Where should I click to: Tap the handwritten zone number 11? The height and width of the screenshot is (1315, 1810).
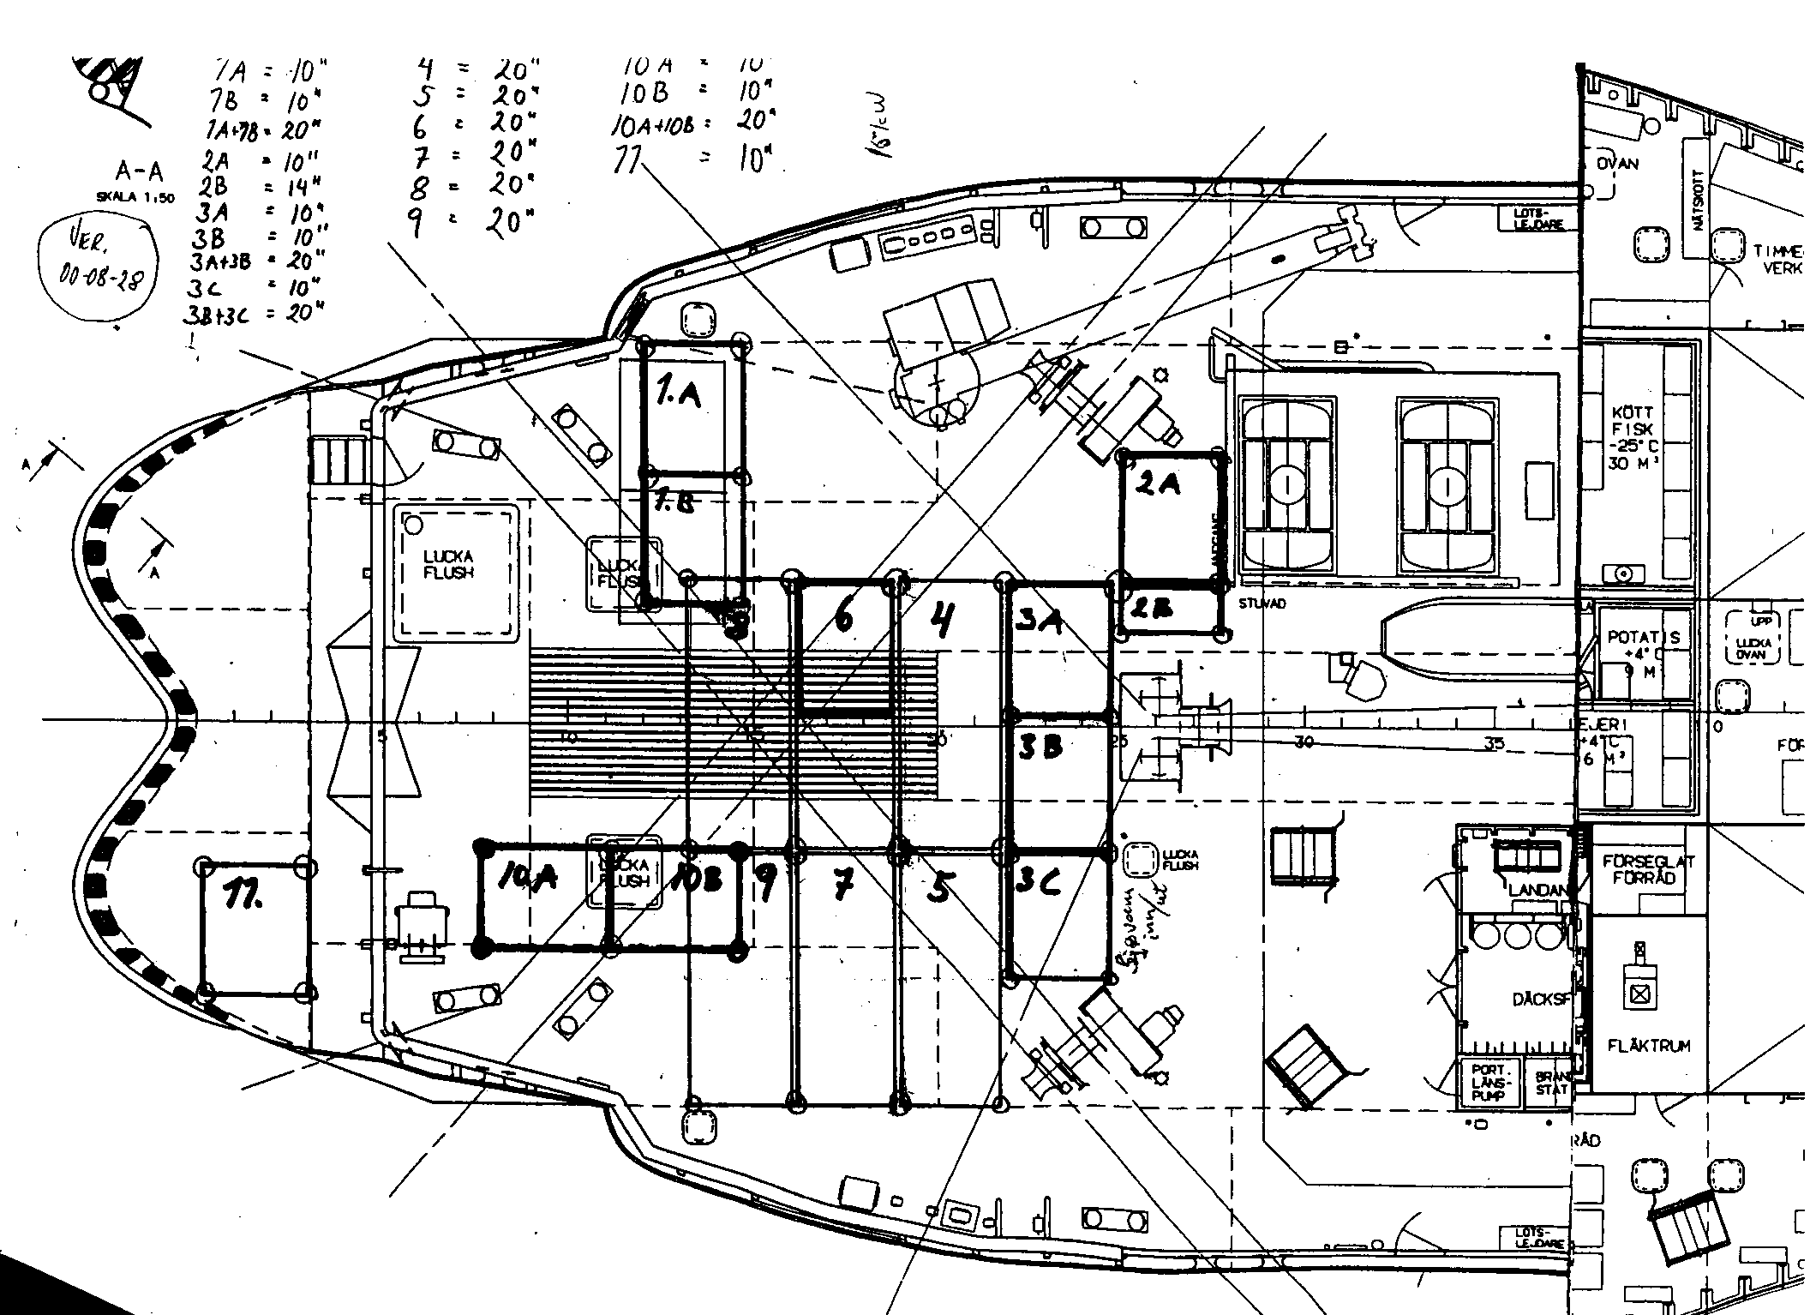click(x=243, y=898)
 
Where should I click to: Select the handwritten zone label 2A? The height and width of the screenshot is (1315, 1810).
click(x=1159, y=485)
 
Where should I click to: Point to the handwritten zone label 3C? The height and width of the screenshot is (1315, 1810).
click(x=1039, y=881)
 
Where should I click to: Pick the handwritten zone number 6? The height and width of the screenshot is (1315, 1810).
click(x=844, y=617)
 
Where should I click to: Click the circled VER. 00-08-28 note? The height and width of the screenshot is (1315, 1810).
click(x=99, y=267)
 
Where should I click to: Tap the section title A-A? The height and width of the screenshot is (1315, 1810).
click(x=139, y=173)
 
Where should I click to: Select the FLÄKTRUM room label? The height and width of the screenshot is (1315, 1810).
click(x=1649, y=1046)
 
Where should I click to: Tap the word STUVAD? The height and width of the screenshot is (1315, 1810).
click(x=1262, y=603)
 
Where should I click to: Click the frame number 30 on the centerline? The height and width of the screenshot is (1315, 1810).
click(x=1304, y=742)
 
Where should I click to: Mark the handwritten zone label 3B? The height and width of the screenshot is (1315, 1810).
click(x=1040, y=748)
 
